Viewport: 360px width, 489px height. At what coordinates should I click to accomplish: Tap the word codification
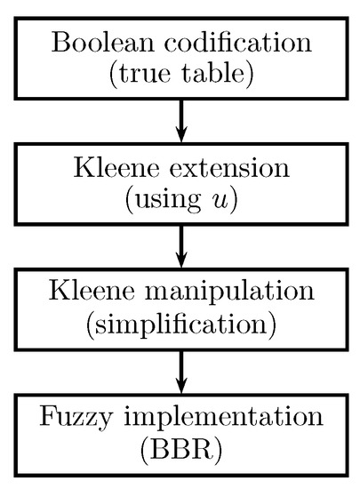[234, 42]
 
